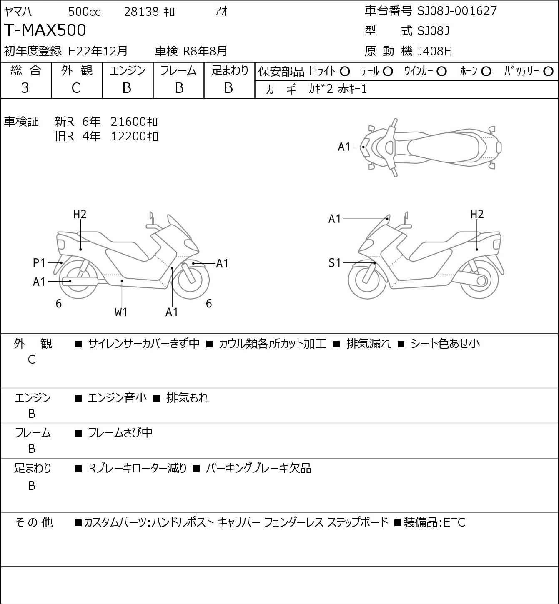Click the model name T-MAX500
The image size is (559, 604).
tap(45, 30)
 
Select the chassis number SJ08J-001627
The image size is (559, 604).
tap(457, 11)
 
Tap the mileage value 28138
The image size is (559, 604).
tap(141, 12)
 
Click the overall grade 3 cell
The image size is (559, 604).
tap(25, 88)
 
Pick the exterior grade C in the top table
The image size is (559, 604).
tap(76, 88)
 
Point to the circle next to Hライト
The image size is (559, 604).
tap(345, 72)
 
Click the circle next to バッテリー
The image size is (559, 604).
tap(549, 72)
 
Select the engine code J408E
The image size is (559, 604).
tap(434, 51)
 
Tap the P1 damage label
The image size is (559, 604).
tap(39, 263)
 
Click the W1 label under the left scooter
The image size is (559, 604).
tap(121, 312)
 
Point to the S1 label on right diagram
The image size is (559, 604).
tap(335, 263)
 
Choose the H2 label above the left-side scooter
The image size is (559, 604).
tap(80, 214)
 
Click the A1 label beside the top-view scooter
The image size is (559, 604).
tap(344, 147)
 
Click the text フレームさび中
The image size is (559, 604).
tap(120, 433)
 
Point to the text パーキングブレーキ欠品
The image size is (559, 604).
tap(258, 468)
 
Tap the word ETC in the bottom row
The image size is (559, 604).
tap(454, 522)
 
